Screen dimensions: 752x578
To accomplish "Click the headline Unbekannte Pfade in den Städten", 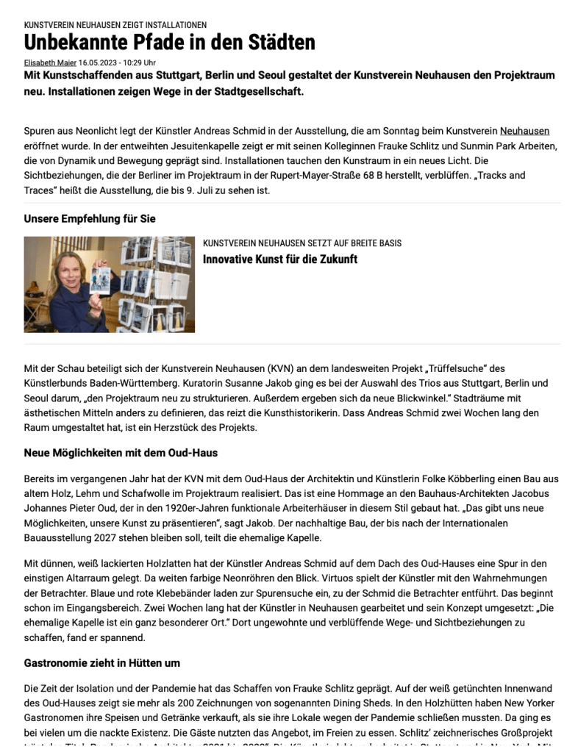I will point(169,43).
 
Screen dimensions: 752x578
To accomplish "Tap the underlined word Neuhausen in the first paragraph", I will point(524,131).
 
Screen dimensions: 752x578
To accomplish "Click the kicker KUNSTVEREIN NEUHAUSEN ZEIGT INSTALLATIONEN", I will point(115,25).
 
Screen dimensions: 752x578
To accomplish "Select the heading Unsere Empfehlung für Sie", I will point(90,218).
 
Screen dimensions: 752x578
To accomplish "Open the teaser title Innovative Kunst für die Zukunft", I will point(280,259).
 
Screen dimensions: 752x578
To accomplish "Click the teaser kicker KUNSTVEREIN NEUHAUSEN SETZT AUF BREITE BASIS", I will point(302,243).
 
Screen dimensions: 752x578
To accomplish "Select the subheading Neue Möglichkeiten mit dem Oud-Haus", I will point(121,453).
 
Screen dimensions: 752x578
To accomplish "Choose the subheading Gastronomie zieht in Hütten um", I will point(101,662).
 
